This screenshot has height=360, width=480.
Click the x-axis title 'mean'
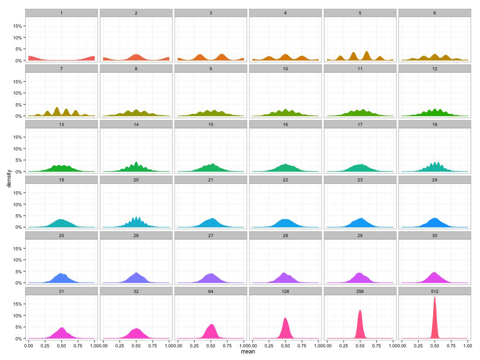[x=247, y=351]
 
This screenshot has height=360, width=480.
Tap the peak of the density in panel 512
[x=435, y=297]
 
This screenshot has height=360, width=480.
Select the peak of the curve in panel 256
[x=360, y=310]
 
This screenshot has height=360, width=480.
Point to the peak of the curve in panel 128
[x=285, y=318]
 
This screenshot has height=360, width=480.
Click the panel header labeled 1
[x=61, y=13]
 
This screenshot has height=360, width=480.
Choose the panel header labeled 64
[x=210, y=291]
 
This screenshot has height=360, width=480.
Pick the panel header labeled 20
[x=136, y=180]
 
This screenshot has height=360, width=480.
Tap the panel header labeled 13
[x=61, y=124]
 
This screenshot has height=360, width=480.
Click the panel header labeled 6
[x=435, y=13]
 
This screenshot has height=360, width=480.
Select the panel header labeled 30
[x=435, y=235]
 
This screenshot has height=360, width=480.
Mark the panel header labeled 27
[x=210, y=235]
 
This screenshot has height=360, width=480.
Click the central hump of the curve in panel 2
[x=136, y=55]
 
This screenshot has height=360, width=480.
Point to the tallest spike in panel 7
[x=57, y=108]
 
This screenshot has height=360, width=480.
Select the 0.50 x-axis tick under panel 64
[x=210, y=345]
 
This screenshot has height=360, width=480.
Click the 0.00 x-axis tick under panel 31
[x=29, y=345]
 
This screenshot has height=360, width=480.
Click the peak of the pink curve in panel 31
[x=61, y=328]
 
